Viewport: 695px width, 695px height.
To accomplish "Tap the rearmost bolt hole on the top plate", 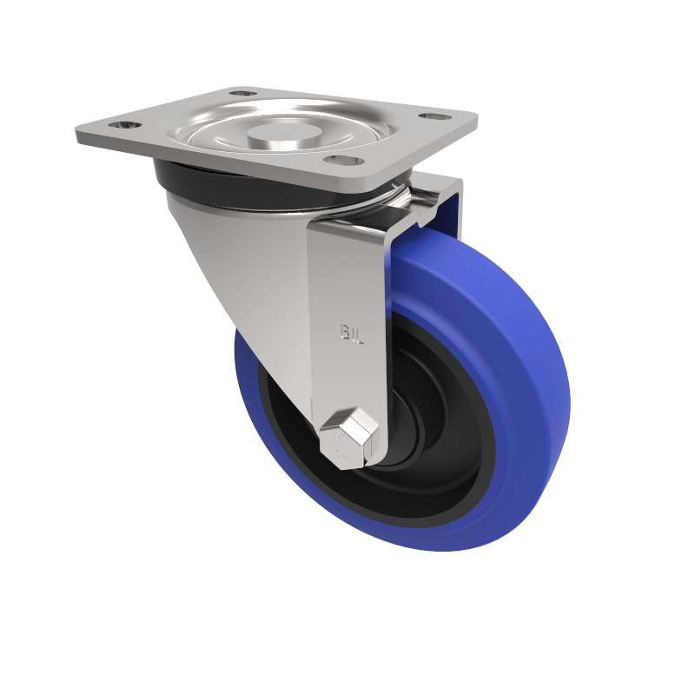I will click(x=242, y=92).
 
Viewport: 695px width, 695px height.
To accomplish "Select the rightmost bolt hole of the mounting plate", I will click(x=432, y=116).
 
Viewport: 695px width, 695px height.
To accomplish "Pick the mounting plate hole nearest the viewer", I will click(x=341, y=161).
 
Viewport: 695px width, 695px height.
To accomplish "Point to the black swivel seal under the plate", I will click(x=187, y=178).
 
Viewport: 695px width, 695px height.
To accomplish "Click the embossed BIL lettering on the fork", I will click(x=353, y=333).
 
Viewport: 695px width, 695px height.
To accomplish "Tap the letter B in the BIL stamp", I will click(x=345, y=332).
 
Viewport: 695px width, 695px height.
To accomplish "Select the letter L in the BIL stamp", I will click(x=360, y=334).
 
